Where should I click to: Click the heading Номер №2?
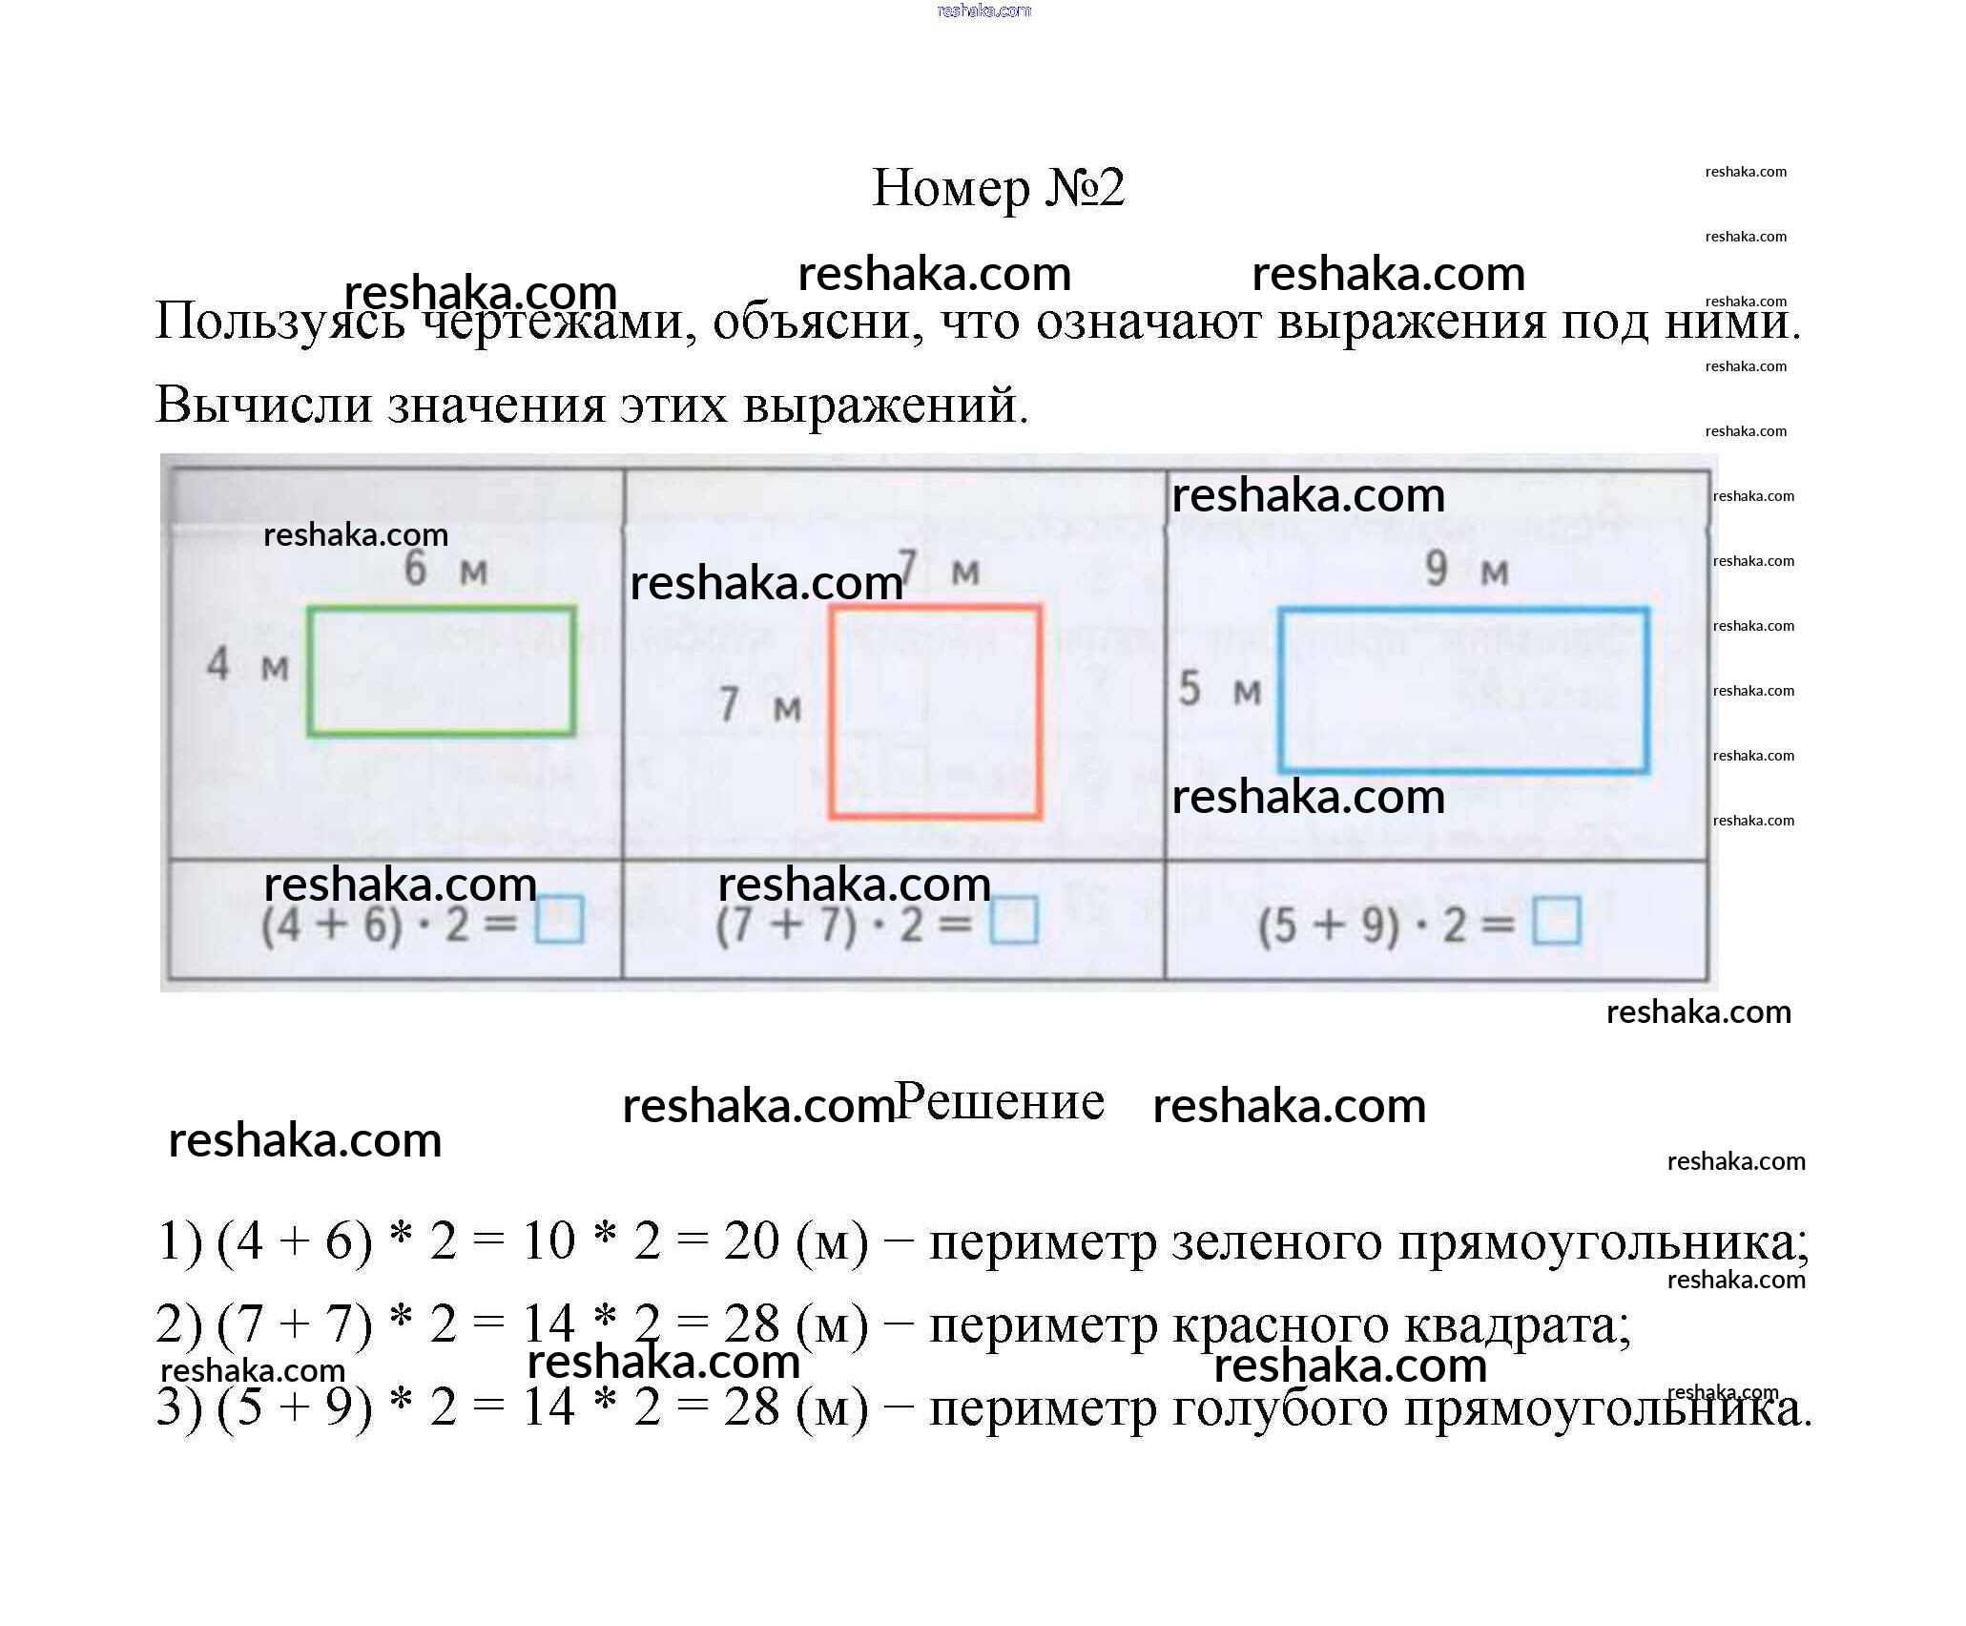998,188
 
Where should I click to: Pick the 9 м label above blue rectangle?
1466,570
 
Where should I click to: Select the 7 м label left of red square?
759,706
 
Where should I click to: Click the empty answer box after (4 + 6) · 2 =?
559,919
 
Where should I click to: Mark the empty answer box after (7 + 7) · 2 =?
1013,919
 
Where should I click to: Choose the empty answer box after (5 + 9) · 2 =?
1556,922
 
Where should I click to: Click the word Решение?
1000,1102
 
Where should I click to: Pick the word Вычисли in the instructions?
263,405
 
